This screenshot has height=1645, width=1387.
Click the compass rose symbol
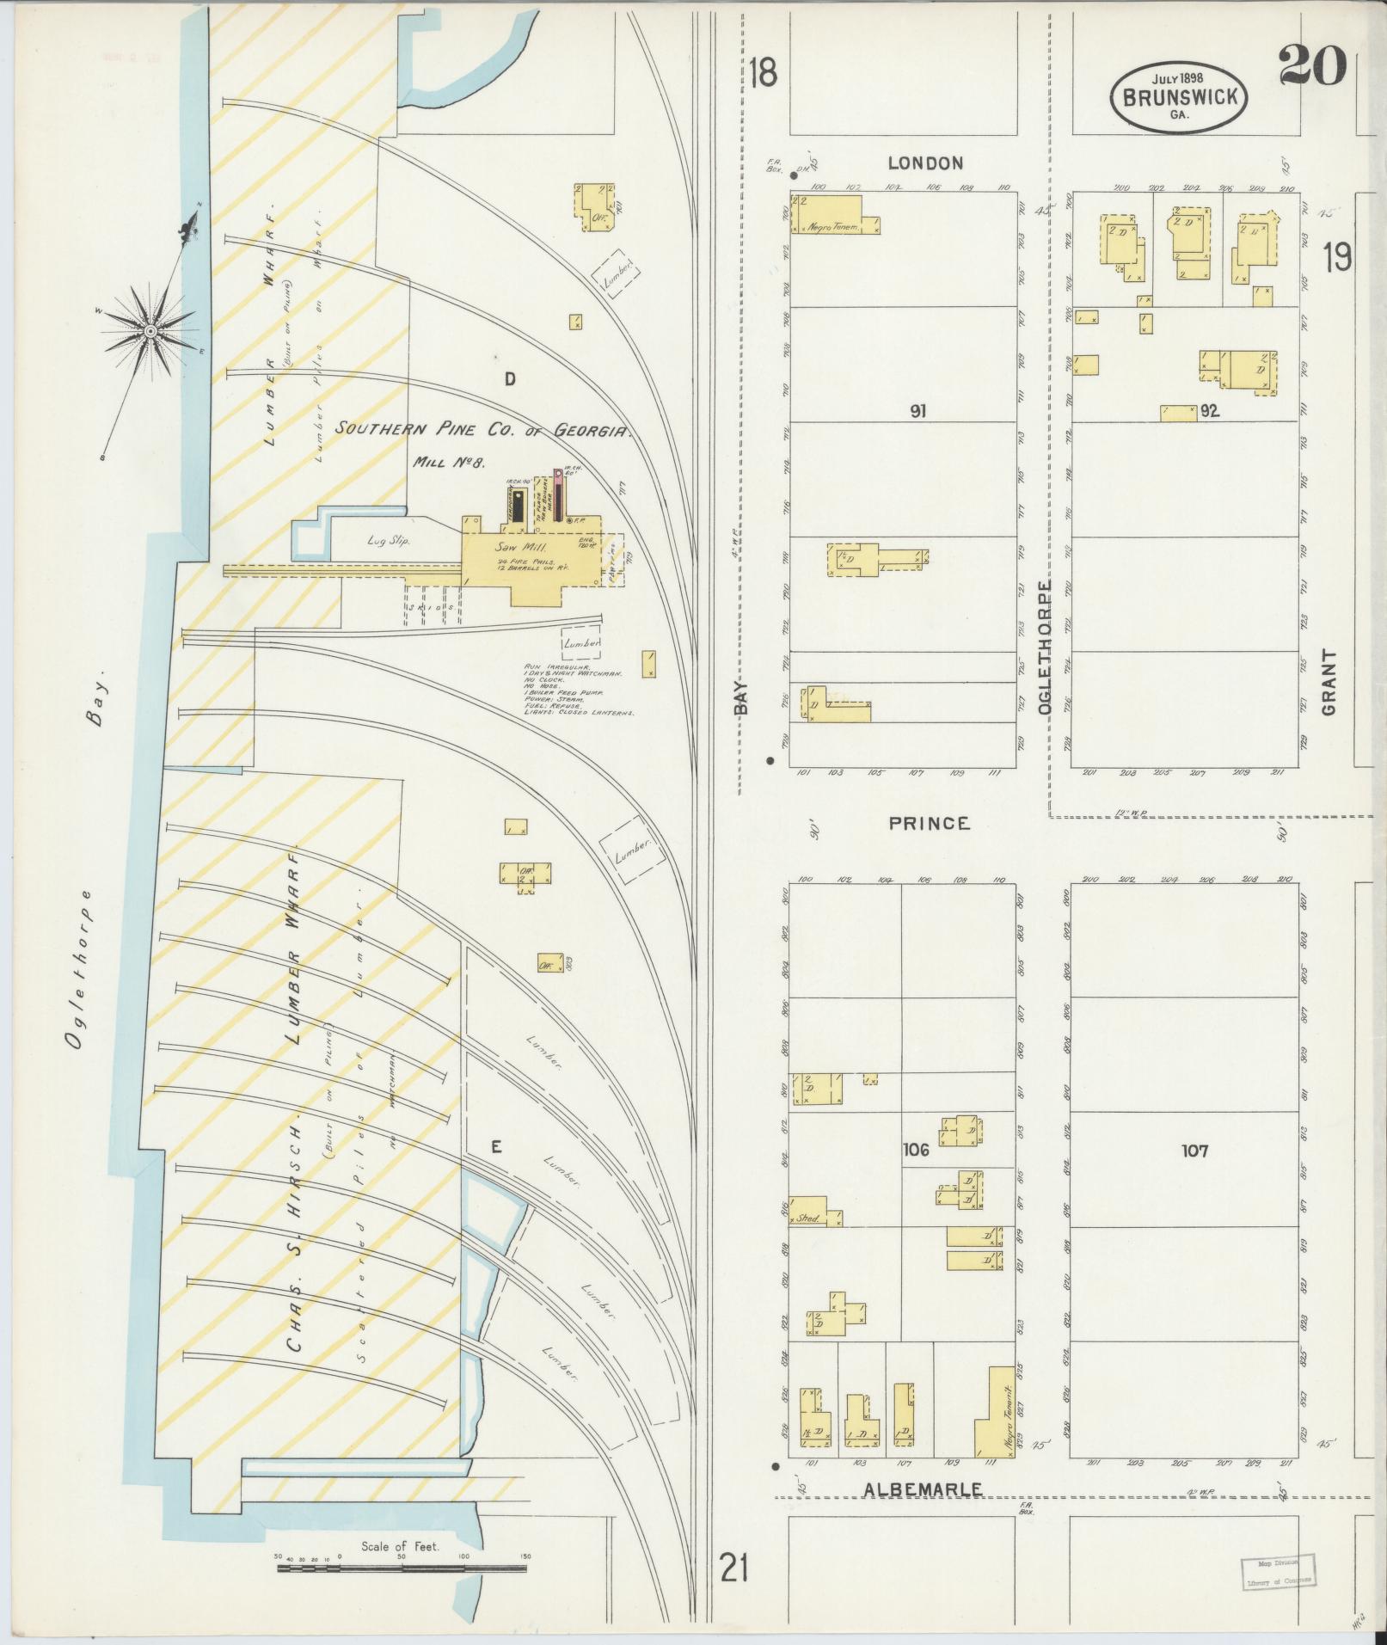coord(150,331)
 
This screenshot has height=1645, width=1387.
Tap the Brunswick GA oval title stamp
coord(1177,97)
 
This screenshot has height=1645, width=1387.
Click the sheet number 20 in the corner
coord(1310,65)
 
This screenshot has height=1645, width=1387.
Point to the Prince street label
coord(930,823)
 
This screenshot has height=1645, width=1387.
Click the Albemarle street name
coord(923,1489)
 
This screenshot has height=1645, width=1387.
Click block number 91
coord(918,412)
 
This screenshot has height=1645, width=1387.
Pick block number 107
coord(1194,1150)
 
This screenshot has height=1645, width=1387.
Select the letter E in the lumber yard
coord(495,1146)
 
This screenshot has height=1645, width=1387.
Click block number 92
coord(1210,411)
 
